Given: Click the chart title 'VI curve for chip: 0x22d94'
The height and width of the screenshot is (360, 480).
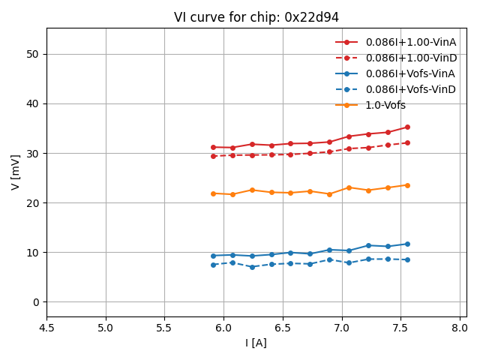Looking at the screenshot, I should tap(256, 17).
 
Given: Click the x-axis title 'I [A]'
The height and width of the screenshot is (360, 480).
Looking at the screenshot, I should tap(256, 343).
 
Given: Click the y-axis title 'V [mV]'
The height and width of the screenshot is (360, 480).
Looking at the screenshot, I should tap(16, 172).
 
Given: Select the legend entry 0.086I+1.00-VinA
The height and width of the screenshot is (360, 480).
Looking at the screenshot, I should tap(410, 42).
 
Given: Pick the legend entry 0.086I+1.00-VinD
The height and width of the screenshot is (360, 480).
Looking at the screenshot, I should tap(410, 58).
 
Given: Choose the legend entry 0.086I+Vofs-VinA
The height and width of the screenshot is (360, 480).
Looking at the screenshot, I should tap(410, 73).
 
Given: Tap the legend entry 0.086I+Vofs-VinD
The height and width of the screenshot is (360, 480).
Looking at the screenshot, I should tap(410, 89).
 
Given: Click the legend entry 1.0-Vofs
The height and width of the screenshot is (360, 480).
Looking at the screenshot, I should tap(385, 105).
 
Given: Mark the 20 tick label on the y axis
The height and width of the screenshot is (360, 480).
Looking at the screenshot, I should tap(34, 203).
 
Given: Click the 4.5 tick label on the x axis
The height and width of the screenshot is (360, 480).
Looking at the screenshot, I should tap(46, 328).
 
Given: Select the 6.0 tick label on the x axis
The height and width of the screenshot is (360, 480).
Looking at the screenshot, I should tap(223, 328).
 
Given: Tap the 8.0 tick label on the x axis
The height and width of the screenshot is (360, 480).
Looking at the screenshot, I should tap(460, 328).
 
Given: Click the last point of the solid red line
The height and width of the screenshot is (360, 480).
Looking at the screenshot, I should tap(407, 127).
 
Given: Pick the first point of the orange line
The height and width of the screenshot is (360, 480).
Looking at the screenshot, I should tap(213, 193).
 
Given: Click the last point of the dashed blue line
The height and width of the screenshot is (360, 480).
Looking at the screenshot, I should tap(407, 259).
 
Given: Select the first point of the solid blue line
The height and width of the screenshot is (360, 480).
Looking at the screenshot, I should tap(213, 256).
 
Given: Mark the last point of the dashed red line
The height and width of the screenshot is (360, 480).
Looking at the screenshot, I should tap(407, 142).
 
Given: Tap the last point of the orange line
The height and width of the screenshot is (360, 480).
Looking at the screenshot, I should tap(407, 185).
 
